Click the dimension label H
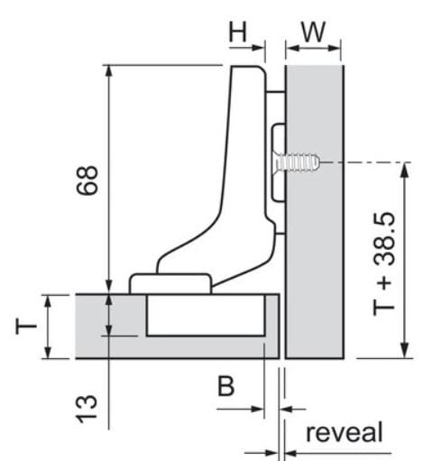(237, 32)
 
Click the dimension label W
(313, 32)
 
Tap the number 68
(88, 180)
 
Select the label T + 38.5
(383, 264)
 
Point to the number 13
(87, 409)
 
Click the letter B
(226, 386)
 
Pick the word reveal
(345, 432)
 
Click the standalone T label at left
(26, 327)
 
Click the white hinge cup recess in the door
(206, 315)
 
